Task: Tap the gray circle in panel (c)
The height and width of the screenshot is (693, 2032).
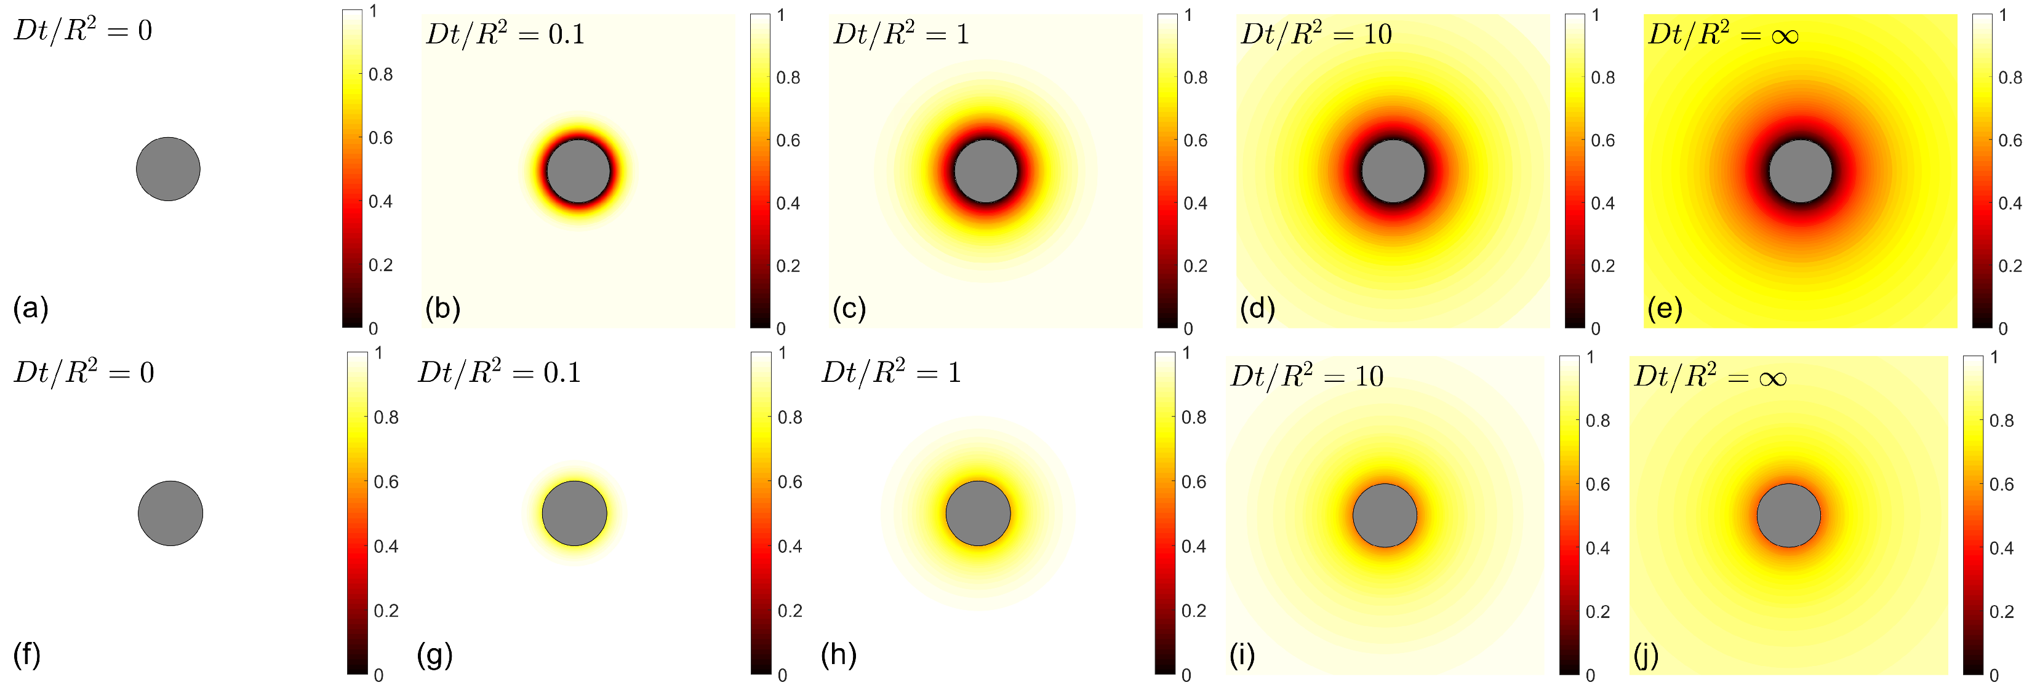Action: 985,171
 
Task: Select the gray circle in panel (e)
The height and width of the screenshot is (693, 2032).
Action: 1800,171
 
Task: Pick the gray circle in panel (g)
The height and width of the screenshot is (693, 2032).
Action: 574,513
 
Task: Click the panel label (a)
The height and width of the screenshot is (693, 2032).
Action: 31,308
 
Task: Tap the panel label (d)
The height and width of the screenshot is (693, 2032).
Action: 1257,308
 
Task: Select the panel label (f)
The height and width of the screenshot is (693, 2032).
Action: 28,654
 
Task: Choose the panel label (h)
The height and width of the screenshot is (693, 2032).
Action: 839,654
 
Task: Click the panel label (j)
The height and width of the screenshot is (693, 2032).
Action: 1646,654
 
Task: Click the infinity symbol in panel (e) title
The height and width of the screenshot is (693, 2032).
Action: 1785,36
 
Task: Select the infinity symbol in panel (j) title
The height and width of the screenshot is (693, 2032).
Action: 1772,378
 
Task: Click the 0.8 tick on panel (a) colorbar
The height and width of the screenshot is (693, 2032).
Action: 380,75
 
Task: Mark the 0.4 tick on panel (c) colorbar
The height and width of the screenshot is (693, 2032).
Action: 1195,204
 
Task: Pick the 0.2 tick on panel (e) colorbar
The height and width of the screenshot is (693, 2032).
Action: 2010,266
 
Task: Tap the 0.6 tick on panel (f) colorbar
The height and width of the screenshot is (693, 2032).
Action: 386,481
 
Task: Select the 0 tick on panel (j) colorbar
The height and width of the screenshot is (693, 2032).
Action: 1994,676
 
